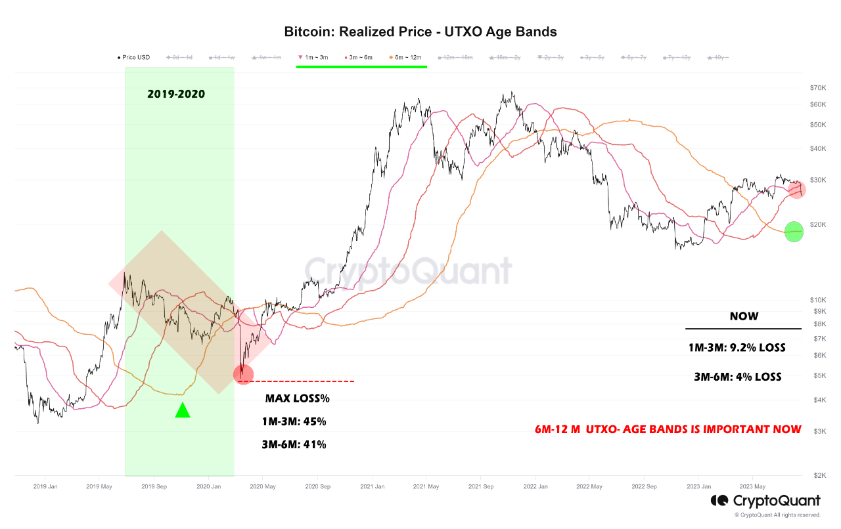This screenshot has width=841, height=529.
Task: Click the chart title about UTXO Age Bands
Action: pyautogui.click(x=420, y=32)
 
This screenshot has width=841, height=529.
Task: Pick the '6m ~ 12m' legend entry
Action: pyautogui.click(x=408, y=58)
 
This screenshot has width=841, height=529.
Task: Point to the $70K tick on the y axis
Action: pyautogui.click(x=817, y=87)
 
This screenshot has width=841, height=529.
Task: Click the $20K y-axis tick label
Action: pyautogui.click(x=817, y=224)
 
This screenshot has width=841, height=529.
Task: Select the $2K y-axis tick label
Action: pyautogui.click(x=819, y=475)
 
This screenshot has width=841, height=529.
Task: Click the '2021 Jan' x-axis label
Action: pyautogui.click(x=372, y=486)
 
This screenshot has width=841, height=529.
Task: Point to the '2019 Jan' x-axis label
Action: pyautogui.click(x=45, y=486)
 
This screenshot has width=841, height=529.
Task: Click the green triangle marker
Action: pyautogui.click(x=183, y=410)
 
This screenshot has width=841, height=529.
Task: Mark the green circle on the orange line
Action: pyautogui.click(x=794, y=232)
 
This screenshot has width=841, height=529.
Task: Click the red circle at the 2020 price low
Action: pyautogui.click(x=243, y=374)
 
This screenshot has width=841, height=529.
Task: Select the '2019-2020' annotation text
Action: pyautogui.click(x=175, y=95)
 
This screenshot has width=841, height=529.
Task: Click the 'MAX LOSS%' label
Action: pyautogui.click(x=297, y=398)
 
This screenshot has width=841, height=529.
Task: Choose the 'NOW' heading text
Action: pyautogui.click(x=744, y=316)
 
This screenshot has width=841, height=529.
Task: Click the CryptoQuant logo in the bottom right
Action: pyautogui.click(x=765, y=501)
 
